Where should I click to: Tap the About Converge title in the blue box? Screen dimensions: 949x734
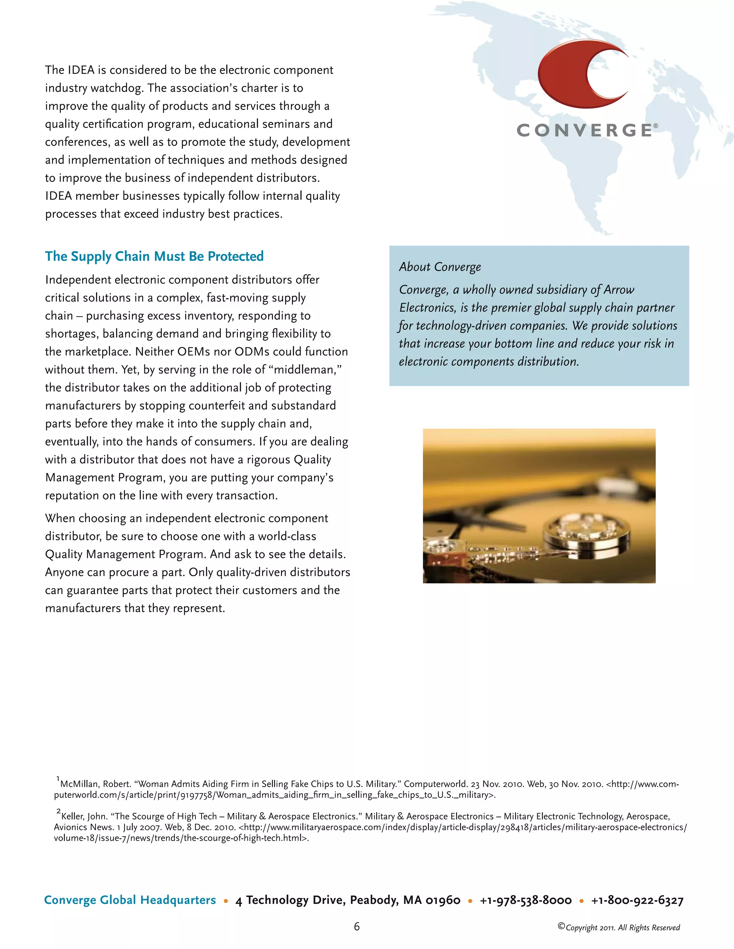(x=440, y=267)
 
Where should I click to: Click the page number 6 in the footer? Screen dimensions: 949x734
(x=357, y=926)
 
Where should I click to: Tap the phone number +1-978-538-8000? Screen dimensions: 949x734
(x=525, y=900)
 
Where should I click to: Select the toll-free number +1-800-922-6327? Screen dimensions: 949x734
(x=637, y=900)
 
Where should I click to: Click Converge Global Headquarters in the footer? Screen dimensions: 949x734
(x=130, y=900)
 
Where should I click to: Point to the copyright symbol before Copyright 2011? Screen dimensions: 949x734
(x=561, y=926)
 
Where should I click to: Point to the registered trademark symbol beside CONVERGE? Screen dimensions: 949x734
(x=656, y=126)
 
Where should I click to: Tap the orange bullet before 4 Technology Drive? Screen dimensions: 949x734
(x=226, y=901)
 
